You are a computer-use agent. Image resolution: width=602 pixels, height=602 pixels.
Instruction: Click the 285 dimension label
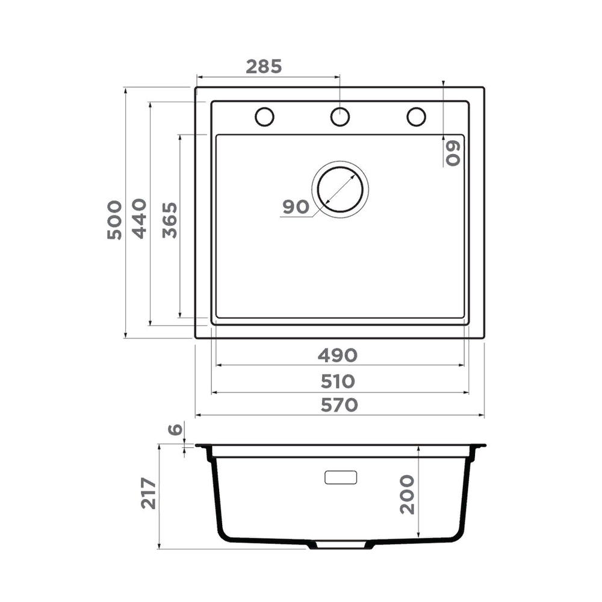point(264,66)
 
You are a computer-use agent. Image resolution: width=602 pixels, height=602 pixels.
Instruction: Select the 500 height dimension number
point(114,220)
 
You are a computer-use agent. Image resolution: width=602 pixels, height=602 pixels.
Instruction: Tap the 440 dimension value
point(139,219)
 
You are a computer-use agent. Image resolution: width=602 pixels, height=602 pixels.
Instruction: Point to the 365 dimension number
point(170,220)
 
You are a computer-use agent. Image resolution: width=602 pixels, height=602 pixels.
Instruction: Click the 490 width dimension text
point(338,356)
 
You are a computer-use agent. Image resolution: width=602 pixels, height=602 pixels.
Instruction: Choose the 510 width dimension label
point(338,382)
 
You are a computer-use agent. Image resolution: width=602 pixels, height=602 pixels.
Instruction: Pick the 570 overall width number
point(340,405)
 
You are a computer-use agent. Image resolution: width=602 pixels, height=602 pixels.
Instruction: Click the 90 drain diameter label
point(296,207)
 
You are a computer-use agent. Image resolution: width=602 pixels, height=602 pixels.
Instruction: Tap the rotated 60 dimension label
point(453,153)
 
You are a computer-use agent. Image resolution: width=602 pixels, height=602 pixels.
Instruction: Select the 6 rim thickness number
point(175,429)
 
